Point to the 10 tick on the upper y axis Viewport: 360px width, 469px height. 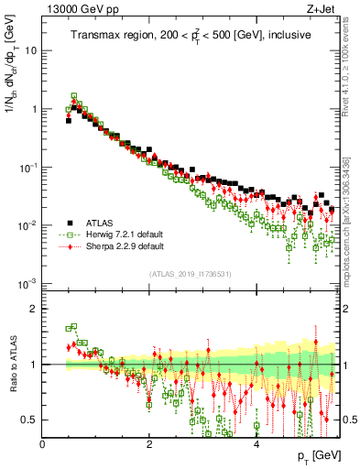31,50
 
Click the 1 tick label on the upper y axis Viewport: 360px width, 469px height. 34,109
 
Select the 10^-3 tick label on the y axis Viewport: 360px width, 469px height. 28,284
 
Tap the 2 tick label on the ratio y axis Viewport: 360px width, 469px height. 34,309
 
